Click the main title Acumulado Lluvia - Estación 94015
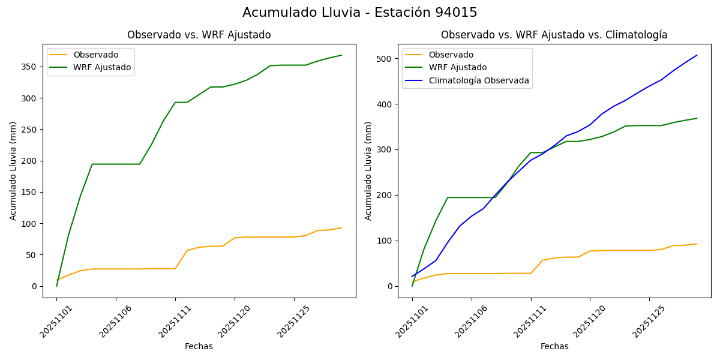360,13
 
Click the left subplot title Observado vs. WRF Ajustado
199,35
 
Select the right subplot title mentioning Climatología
554,35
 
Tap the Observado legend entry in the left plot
95,55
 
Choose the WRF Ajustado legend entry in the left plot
102,67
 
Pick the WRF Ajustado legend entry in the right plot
457,67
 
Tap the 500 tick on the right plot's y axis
385,59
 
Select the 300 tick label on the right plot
385,149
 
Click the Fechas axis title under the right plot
554,346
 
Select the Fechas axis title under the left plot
199,346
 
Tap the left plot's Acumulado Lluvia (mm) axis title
13,170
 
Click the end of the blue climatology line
697,55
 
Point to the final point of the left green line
341,55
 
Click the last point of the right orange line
697,244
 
